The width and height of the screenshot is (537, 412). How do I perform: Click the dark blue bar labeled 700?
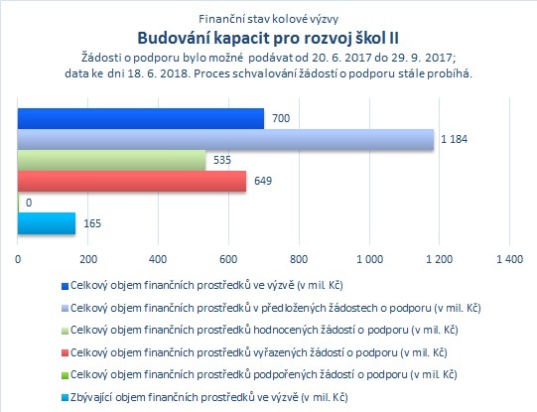(141, 118)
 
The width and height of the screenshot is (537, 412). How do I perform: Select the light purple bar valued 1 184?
(225, 139)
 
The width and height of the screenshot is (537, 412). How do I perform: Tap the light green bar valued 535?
(111, 160)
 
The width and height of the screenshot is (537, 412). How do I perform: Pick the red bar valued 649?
(132, 181)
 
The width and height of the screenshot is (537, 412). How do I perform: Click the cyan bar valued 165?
(47, 223)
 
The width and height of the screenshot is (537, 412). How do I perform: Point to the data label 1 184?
(455, 139)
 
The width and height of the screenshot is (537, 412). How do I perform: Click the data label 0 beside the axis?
(29, 203)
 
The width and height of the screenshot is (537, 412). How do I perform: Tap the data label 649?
(263, 181)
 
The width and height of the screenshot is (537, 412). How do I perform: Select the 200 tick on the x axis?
(88, 259)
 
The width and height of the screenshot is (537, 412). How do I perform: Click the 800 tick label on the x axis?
(299, 259)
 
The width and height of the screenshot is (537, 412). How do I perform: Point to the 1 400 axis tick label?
(510, 259)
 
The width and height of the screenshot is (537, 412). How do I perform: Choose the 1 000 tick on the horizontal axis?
(370, 259)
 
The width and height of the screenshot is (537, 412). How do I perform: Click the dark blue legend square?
(65, 286)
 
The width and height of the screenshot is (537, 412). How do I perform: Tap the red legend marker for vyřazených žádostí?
(65, 353)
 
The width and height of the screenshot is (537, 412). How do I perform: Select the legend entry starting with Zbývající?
(209, 398)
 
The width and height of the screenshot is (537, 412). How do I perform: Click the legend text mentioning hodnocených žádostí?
(264, 331)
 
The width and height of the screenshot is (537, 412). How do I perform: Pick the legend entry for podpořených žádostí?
(264, 375)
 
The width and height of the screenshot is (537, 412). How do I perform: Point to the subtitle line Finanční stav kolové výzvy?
(268, 19)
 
